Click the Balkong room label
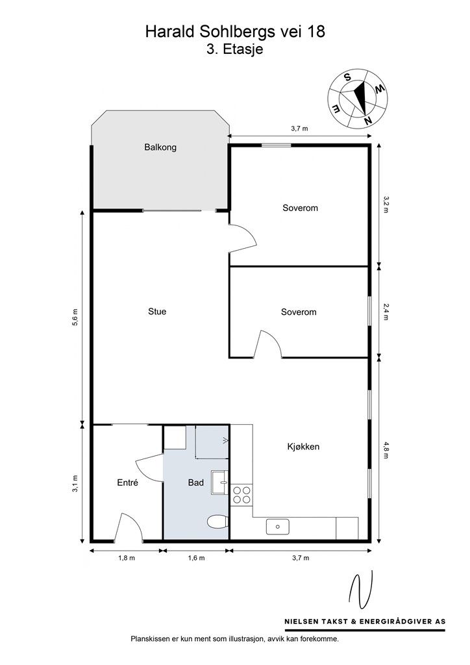160,147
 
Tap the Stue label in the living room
157,311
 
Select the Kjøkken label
303,447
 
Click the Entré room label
128,483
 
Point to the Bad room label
196,483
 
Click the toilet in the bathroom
218,521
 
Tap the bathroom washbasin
219,483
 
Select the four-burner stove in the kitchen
241,494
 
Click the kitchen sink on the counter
278,527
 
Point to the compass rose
358,98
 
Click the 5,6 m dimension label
75,317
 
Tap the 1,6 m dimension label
196,558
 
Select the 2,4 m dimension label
385,312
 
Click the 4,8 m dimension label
386,450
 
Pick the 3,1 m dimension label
75,483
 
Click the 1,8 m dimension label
127,558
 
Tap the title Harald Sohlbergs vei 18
235,31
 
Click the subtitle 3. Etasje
235,49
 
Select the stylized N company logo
361,589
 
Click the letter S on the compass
347,77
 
